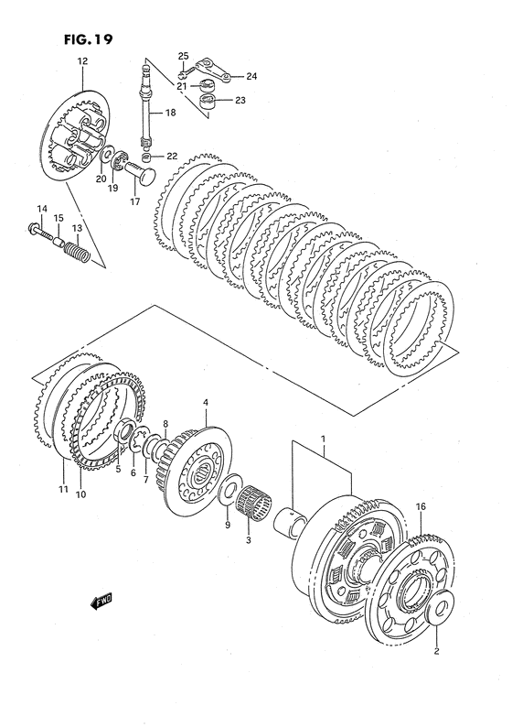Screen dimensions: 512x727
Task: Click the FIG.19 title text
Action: point(88,39)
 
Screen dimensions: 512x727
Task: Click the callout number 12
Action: point(82,60)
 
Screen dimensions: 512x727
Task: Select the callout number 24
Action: point(251,76)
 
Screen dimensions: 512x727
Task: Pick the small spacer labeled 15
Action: point(59,241)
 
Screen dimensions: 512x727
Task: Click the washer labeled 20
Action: point(108,156)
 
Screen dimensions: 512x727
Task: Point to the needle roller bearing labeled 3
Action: point(253,503)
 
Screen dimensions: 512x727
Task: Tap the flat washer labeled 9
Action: point(230,489)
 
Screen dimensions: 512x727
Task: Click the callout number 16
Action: point(421,506)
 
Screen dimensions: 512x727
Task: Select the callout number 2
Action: point(436,651)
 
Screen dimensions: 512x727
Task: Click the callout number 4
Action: point(206,403)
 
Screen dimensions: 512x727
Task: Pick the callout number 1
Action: point(323,439)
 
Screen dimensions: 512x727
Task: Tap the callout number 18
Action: point(170,113)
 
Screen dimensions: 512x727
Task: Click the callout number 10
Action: point(80,494)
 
